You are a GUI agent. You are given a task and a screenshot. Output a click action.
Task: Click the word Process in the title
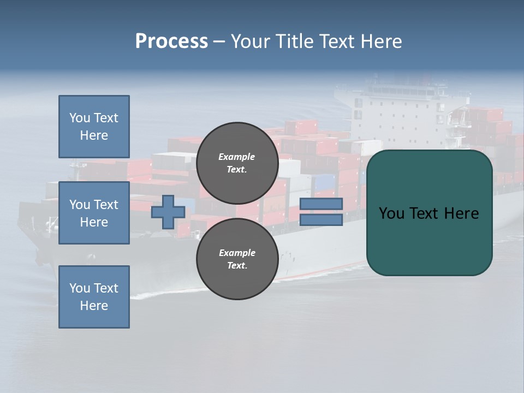pyautogui.click(x=171, y=41)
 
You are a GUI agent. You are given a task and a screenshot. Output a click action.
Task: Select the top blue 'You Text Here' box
pyautogui.click(x=94, y=127)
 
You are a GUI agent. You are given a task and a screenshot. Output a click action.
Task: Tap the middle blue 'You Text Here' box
pyautogui.click(x=94, y=213)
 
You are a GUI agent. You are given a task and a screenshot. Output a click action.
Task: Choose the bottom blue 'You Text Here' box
pyautogui.click(x=94, y=297)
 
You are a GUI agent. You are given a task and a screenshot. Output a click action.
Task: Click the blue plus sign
pyautogui.click(x=168, y=212)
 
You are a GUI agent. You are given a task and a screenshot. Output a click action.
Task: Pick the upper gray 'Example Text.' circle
pyautogui.click(x=237, y=163)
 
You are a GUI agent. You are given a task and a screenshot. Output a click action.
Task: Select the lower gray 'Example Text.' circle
pyautogui.click(x=237, y=259)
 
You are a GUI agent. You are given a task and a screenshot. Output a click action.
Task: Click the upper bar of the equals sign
pyautogui.click(x=321, y=204)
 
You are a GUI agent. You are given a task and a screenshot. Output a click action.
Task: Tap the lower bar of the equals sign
pyautogui.click(x=321, y=220)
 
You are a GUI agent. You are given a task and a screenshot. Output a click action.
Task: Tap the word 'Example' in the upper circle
pyautogui.click(x=237, y=157)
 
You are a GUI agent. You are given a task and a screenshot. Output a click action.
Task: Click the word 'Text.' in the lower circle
pyautogui.click(x=237, y=266)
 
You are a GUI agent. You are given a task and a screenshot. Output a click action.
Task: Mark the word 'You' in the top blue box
pyautogui.click(x=79, y=118)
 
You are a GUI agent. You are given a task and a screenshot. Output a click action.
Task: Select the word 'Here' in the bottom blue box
pyautogui.click(x=94, y=306)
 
